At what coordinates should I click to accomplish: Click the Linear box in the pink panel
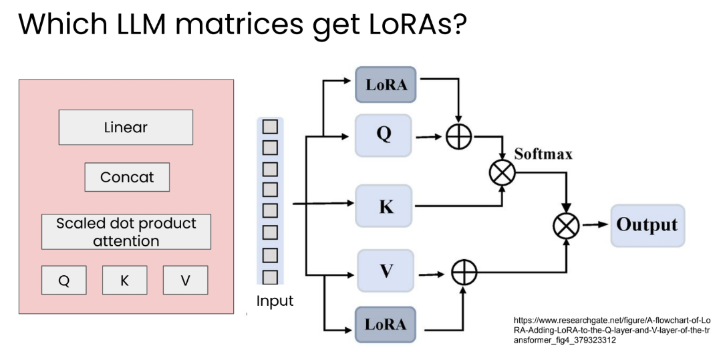126,127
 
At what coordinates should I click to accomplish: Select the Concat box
127,177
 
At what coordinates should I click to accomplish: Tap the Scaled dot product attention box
126,232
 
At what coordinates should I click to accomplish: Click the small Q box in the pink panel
63,280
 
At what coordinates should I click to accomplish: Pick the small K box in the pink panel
125,280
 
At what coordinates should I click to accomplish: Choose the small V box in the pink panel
185,280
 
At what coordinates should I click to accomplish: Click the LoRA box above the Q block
386,85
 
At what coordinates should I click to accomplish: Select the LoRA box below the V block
386,324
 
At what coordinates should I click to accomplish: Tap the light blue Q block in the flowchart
384,136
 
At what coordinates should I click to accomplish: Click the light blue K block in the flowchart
384,206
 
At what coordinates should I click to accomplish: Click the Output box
647,225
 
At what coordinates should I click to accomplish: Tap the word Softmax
543,154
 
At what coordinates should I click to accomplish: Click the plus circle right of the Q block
458,136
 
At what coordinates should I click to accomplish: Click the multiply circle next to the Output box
567,225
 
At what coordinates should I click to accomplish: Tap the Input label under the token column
275,301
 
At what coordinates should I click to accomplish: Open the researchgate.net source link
611,330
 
